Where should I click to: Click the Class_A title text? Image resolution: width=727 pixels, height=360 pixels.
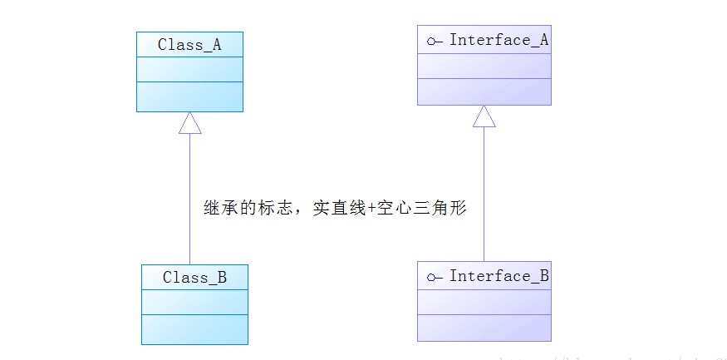pyautogui.click(x=189, y=45)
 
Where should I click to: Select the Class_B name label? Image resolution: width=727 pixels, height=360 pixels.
pyautogui.click(x=194, y=278)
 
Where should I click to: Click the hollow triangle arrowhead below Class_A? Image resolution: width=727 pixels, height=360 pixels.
pyautogui.click(x=190, y=122)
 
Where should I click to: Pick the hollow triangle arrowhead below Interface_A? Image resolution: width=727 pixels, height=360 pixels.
pyautogui.click(x=484, y=116)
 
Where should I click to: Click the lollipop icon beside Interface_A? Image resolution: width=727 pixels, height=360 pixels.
pyautogui.click(x=432, y=40)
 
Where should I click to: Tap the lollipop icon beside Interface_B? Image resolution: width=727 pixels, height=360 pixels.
pyautogui.click(x=432, y=276)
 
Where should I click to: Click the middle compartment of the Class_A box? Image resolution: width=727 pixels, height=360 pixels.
pyautogui.click(x=189, y=70)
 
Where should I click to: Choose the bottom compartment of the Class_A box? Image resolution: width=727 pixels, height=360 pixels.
pyautogui.click(x=189, y=96)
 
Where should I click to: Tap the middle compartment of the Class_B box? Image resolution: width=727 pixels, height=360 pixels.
pyautogui.click(x=194, y=303)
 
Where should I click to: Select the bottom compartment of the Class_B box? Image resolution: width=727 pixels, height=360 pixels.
pyautogui.click(x=194, y=329)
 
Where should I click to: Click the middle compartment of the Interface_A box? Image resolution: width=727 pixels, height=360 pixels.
pyautogui.click(x=484, y=66)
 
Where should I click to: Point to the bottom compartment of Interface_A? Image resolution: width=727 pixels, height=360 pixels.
pyautogui.click(x=484, y=91)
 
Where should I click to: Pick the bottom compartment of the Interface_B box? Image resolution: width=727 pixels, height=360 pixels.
pyautogui.click(x=484, y=328)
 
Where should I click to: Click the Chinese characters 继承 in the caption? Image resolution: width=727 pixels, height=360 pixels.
pyautogui.click(x=220, y=209)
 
